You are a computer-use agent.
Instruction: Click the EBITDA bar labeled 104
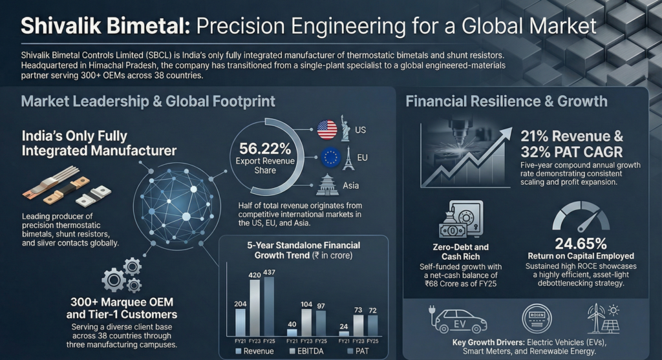pyautogui.click(x=307, y=320)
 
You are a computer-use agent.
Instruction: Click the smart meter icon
pyautogui.click(x=538, y=319)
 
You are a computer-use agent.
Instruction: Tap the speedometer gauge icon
pyautogui.click(x=580, y=217)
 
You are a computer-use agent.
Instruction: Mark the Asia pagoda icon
pyautogui.click(x=327, y=185)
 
